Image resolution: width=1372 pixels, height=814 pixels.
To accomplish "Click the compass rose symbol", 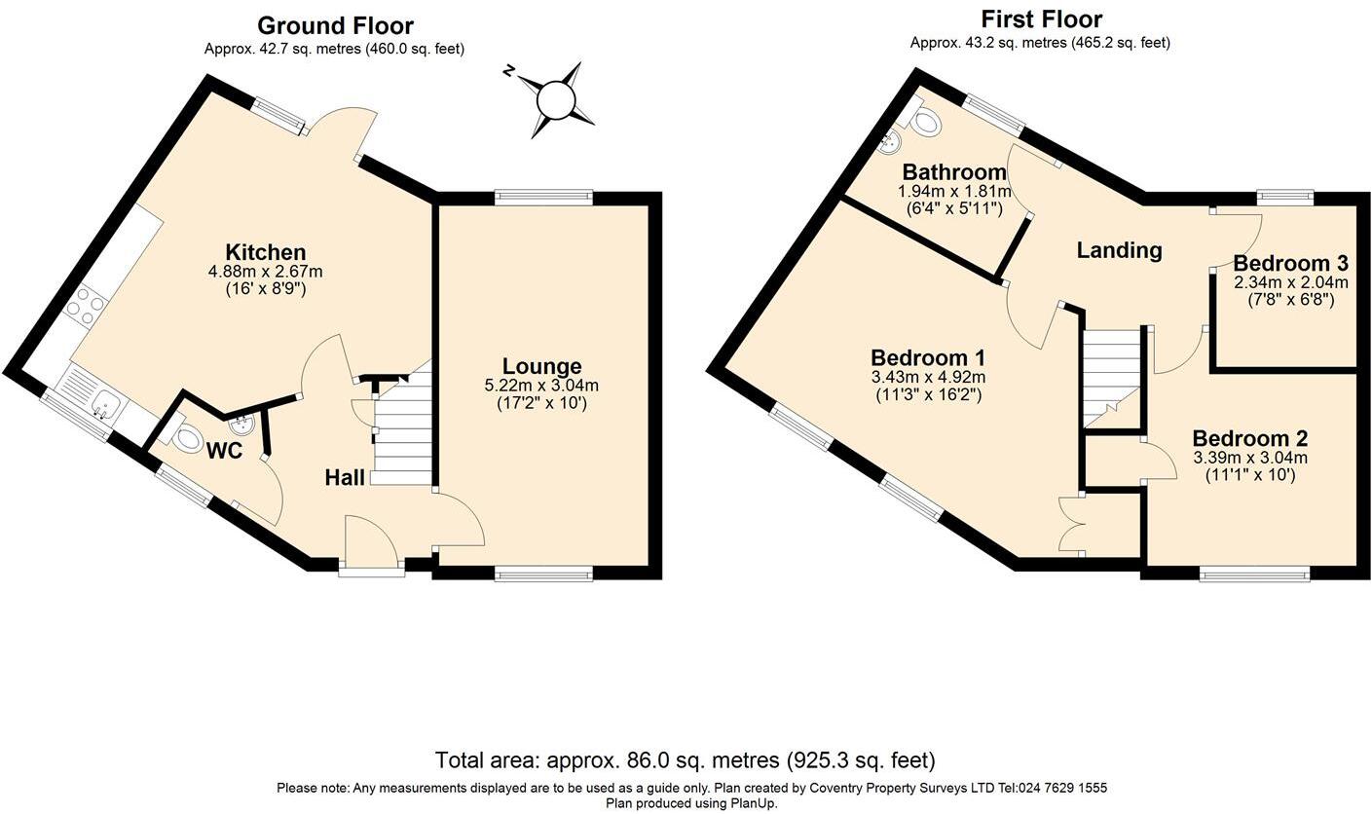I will [x=555, y=99].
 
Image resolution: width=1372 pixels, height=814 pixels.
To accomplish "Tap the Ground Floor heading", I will [x=335, y=25].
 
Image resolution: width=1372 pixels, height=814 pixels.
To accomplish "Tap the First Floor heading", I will [x=1041, y=18].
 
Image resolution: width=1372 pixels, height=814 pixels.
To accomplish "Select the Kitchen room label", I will [x=265, y=252].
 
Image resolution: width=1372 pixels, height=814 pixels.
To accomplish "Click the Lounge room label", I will [x=541, y=366].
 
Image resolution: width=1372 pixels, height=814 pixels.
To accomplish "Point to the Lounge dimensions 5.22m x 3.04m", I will [x=541, y=386].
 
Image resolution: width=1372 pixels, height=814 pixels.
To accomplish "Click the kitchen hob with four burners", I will [x=85, y=306].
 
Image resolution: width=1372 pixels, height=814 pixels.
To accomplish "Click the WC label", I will [x=223, y=451].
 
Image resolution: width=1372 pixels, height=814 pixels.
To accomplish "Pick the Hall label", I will [x=345, y=477].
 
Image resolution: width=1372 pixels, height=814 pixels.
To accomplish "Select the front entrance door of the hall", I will [x=371, y=544].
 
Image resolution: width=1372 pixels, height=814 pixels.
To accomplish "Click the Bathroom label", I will [x=953, y=172].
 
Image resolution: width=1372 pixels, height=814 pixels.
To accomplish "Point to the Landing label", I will [x=1119, y=250].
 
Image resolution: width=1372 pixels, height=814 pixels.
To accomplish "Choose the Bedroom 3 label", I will [x=1290, y=263].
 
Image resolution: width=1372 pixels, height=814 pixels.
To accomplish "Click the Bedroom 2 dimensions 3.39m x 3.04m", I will [x=1249, y=458].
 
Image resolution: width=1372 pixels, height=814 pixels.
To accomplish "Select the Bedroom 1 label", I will [x=928, y=357].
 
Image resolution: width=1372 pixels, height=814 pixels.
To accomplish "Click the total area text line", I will [x=685, y=760].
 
